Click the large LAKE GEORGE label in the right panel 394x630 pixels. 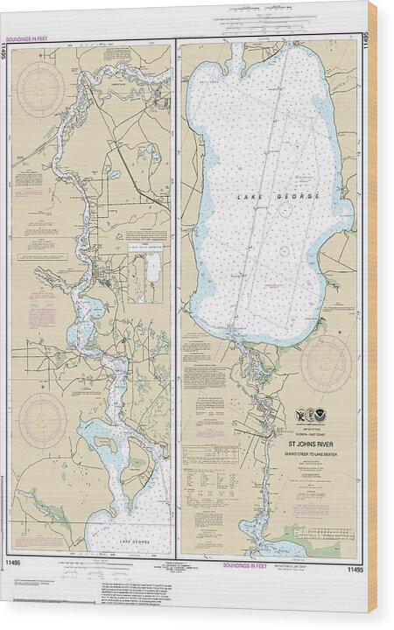(267, 198)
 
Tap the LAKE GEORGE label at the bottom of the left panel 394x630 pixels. (135, 542)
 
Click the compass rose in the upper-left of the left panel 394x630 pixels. (40, 88)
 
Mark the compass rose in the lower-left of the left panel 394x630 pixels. (43, 420)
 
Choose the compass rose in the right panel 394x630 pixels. (325, 363)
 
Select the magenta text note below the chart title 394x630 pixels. (306, 490)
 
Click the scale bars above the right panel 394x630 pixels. (258, 10)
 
